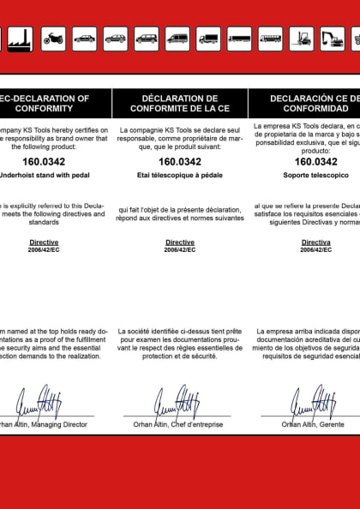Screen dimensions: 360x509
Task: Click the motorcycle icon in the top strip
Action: click(x=53, y=39)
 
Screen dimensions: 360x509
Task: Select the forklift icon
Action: click(x=301, y=39)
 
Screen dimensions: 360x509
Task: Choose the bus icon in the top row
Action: click(x=271, y=39)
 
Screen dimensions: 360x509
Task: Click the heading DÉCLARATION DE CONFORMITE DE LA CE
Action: click(x=179, y=104)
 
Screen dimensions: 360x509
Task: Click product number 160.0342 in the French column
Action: click(x=180, y=161)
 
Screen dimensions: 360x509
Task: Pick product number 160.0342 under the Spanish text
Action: click(x=315, y=161)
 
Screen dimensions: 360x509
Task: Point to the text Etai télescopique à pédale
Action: click(x=180, y=174)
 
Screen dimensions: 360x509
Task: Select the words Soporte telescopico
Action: click(x=316, y=174)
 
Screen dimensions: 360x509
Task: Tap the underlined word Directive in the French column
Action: click(x=180, y=243)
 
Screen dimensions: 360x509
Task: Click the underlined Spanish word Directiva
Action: click(x=315, y=243)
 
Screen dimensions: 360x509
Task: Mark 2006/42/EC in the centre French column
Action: click(x=180, y=250)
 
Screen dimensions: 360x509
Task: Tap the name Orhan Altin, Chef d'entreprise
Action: click(x=179, y=424)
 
